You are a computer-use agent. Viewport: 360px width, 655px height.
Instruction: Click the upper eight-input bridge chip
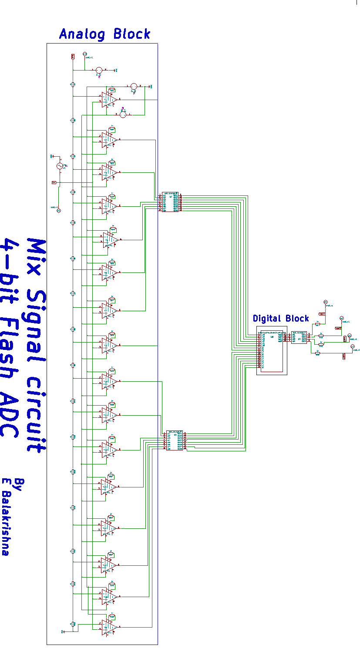(170, 202)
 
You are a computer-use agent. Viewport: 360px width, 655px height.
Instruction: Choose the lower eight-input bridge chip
(174, 440)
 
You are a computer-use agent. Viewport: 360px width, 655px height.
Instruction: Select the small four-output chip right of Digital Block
(299, 337)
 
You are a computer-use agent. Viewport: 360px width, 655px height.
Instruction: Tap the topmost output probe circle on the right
(325, 302)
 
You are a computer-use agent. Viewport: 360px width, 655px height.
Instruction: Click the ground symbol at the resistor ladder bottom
(63, 631)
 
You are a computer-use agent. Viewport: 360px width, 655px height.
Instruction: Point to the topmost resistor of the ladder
(73, 85)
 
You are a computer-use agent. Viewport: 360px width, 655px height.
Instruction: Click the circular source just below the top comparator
(123, 114)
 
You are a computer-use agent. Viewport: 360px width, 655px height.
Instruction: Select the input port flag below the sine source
(54, 182)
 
